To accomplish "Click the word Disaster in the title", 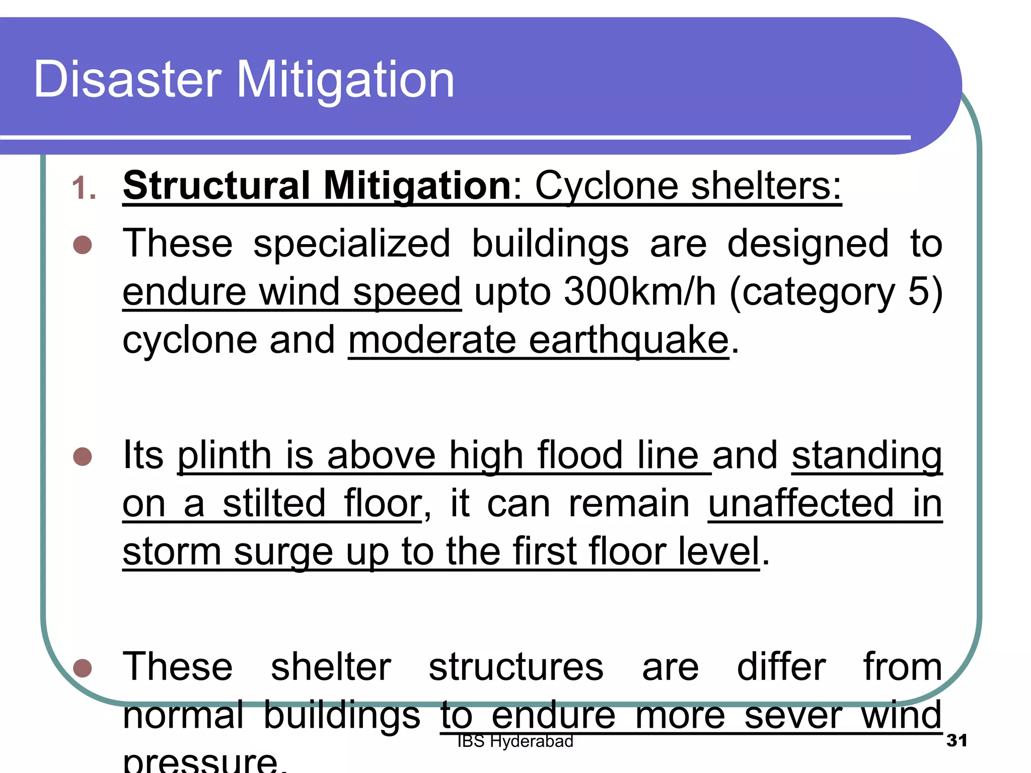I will (x=127, y=80).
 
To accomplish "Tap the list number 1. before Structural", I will (x=84, y=189).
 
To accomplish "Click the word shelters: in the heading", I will (x=766, y=186).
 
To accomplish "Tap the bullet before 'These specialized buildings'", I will (x=83, y=245).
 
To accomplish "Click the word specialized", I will (x=351, y=244).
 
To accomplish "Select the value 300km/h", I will (x=640, y=291).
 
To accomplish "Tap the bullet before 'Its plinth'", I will (x=83, y=456).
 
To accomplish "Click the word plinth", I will (x=225, y=455).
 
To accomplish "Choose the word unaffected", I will (x=801, y=503).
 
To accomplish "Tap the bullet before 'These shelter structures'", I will (x=83, y=668).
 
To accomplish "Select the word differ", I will (x=781, y=667).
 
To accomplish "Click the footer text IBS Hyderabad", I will (x=515, y=741).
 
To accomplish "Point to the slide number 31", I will (x=956, y=740).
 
